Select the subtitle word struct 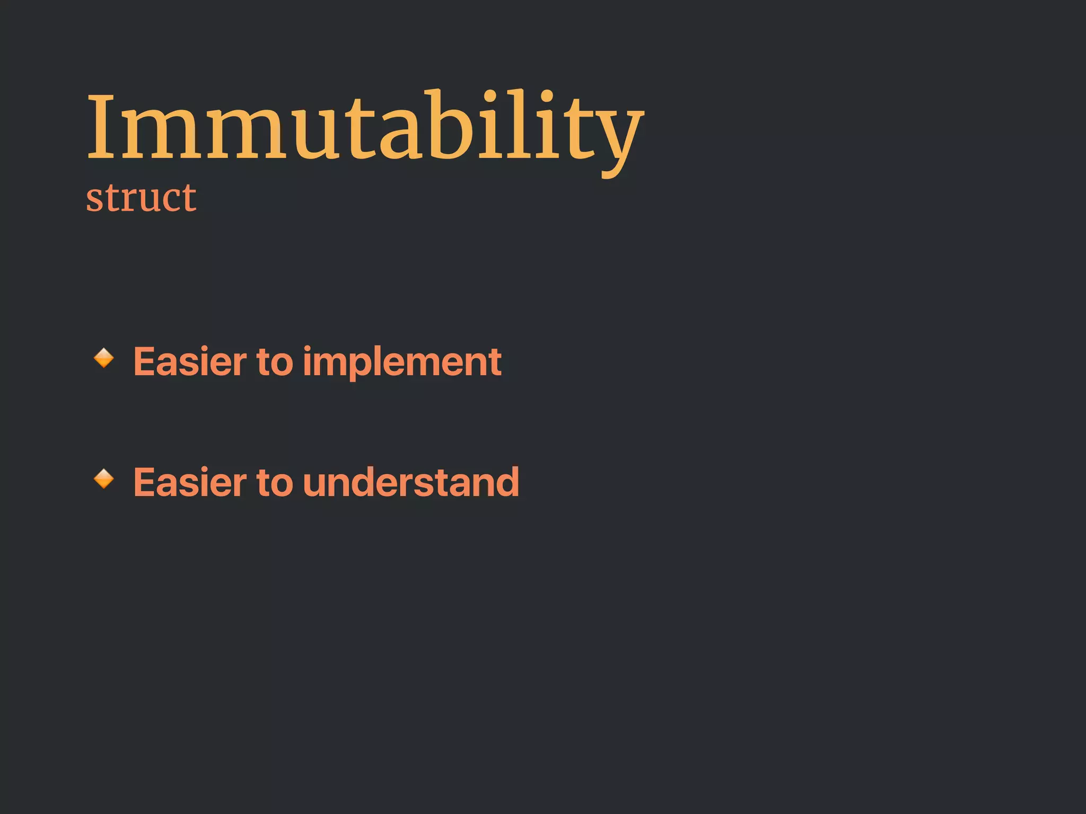[141, 198]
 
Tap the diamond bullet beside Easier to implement [104, 358]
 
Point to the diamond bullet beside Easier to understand [104, 479]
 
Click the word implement [402, 362]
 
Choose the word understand [411, 482]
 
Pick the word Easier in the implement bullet [190, 362]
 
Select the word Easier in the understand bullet [190, 482]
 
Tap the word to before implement [275, 362]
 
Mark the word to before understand [275, 482]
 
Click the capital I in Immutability [101, 127]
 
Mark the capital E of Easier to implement [145, 362]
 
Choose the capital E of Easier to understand [145, 482]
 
